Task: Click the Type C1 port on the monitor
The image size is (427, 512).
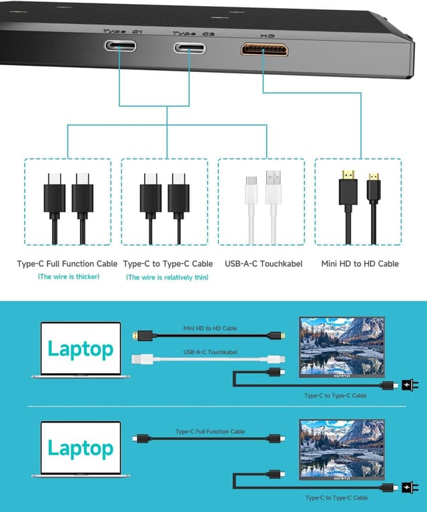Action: point(120,47)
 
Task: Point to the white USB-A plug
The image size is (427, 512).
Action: point(273,188)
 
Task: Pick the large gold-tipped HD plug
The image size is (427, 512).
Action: point(347,187)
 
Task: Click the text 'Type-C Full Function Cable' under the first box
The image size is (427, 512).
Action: point(67,264)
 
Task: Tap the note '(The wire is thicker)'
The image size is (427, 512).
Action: point(68,276)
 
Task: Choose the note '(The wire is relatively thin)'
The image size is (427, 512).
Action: point(167,277)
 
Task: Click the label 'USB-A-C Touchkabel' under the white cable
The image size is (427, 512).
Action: point(264,264)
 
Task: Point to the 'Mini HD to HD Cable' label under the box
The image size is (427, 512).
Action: point(360,264)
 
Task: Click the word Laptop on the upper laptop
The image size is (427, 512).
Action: point(80,348)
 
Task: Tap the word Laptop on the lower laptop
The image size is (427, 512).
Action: point(80,448)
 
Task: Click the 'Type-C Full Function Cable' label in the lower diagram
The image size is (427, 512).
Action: point(210,432)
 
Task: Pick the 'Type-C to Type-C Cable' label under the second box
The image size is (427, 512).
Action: point(168,264)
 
